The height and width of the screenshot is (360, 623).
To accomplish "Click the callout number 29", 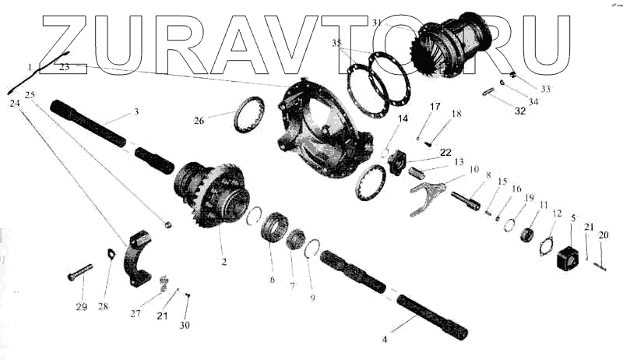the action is point(81,306).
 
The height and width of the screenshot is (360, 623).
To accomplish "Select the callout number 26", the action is point(199,121).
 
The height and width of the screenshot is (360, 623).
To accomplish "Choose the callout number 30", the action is point(185,324).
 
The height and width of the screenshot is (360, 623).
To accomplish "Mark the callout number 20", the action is point(604,235).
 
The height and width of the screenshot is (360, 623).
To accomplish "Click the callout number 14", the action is point(403,119).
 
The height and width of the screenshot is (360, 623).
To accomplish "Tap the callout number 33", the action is point(545,89).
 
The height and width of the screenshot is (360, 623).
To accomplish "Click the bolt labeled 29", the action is point(79,272).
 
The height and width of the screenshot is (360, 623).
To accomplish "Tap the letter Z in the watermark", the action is point(74,43).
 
